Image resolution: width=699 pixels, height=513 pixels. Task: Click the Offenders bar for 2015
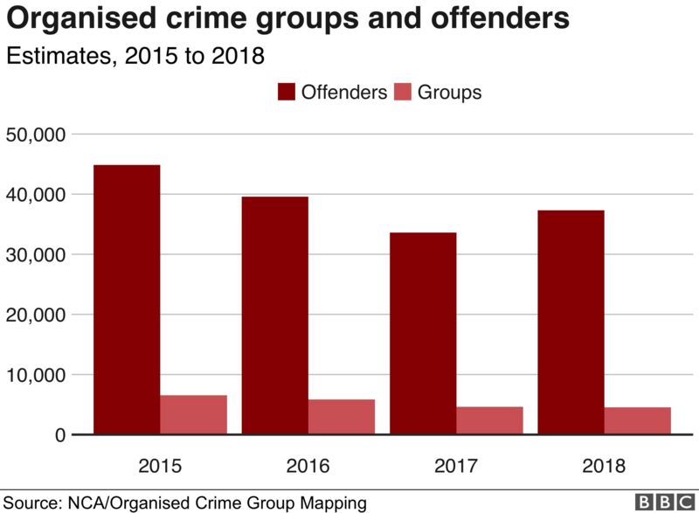coord(127,299)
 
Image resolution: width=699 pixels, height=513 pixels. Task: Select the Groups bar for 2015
coord(193,414)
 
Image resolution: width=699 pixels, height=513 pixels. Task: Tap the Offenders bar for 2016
coord(274,315)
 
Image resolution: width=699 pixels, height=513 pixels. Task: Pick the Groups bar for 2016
coord(341,416)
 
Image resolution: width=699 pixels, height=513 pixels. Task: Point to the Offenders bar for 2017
coord(422,333)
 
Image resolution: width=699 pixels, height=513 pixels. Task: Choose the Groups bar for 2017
coord(489,419)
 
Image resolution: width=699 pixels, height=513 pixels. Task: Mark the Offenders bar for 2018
coord(571,322)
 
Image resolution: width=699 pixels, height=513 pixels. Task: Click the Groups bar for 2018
coord(637,420)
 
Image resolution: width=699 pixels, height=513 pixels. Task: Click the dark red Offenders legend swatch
coord(287,92)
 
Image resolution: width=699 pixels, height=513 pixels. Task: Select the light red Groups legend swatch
coord(403,92)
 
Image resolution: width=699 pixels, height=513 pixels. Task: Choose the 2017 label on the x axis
coord(455,465)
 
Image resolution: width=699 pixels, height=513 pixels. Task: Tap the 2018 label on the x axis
coord(603,465)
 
